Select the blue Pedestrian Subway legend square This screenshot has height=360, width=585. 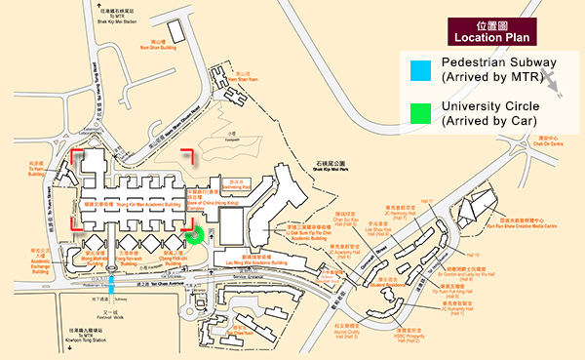click(419, 69)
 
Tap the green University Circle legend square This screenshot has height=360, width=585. click(419, 112)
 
